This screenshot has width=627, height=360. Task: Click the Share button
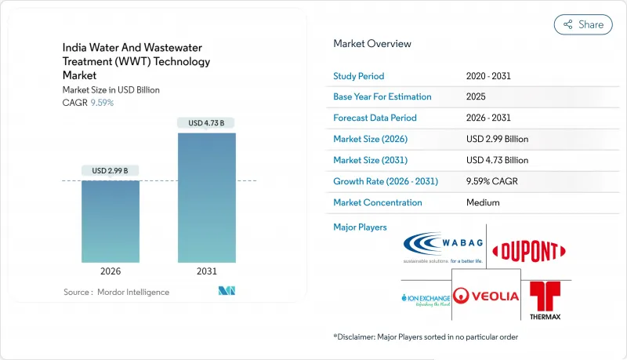(582, 24)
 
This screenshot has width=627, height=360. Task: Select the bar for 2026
(110, 221)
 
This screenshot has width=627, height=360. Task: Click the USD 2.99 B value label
(110, 171)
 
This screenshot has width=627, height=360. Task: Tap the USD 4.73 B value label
(206, 122)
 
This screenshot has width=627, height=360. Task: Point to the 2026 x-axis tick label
(110, 271)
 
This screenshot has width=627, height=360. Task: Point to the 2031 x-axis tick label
(206, 271)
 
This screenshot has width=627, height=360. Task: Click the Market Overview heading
(371, 44)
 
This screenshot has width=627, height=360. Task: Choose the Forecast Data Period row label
(375, 118)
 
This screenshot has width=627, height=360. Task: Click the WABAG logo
(444, 249)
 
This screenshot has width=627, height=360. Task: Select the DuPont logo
(529, 251)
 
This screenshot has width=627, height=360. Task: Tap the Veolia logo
(487, 296)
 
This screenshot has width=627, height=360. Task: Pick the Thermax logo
(545, 300)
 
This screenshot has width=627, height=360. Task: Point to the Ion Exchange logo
(423, 299)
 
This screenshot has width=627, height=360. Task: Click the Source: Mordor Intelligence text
(116, 292)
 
